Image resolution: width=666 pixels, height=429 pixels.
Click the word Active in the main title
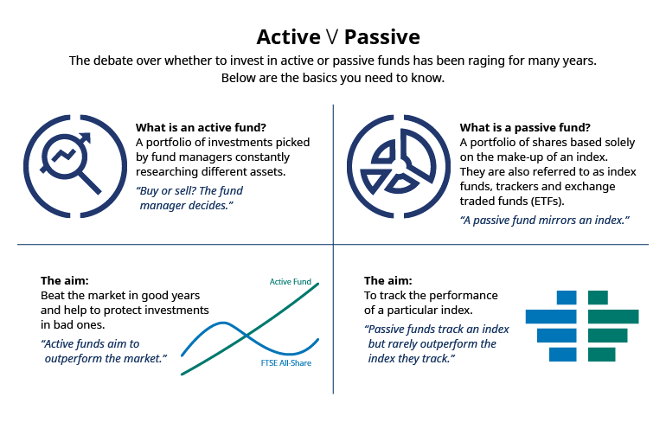(288, 37)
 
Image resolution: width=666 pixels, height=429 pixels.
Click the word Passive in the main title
(382, 37)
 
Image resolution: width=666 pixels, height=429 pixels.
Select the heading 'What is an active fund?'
(201, 127)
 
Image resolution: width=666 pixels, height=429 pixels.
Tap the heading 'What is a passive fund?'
(525, 127)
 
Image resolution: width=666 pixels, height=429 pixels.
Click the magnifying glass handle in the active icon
(89, 182)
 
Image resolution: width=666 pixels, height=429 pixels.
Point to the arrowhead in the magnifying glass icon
(86, 138)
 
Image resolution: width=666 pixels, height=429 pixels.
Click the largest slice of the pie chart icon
(418, 154)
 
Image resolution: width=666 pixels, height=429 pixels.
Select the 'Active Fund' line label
(291, 282)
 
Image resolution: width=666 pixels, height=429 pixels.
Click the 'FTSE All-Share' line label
(285, 363)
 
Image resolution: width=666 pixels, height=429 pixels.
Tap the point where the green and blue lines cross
(246, 336)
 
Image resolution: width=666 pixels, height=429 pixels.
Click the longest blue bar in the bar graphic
(551, 317)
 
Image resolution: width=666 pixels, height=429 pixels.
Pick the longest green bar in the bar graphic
(613, 317)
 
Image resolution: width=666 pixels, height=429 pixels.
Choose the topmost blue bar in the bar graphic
(567, 298)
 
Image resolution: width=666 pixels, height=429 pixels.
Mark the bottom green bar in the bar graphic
(602, 355)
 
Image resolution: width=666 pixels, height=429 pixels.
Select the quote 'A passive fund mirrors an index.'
(545, 220)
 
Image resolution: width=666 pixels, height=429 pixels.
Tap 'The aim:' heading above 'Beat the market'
(65, 280)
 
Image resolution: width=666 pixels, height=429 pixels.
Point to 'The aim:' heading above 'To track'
(387, 280)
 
